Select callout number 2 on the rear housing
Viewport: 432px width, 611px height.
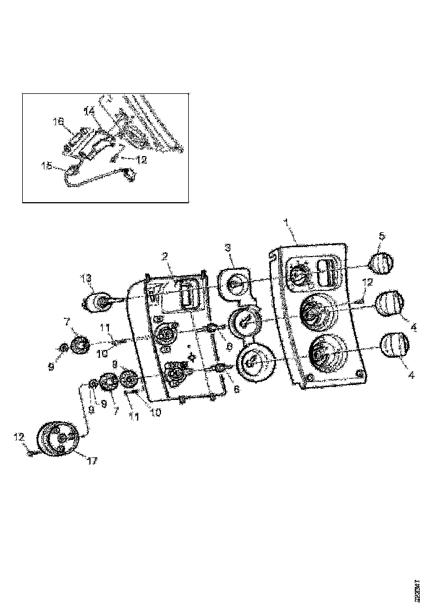(x=165, y=256)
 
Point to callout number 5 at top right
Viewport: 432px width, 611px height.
(x=381, y=236)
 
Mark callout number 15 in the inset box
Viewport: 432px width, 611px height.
(x=47, y=164)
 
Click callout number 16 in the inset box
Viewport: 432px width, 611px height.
(x=58, y=121)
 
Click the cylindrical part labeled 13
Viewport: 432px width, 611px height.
(x=99, y=303)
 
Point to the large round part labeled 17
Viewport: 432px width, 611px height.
(x=58, y=439)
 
